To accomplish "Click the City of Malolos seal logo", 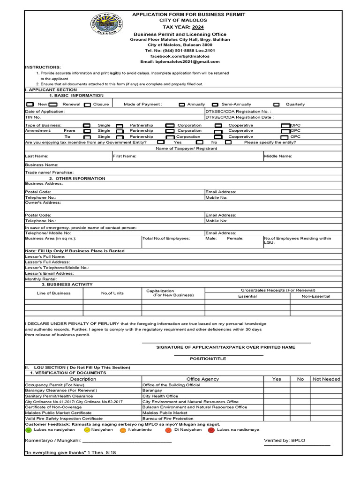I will tap(106, 28).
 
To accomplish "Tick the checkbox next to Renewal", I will tap(53, 105).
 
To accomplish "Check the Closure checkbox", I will tap(87, 105).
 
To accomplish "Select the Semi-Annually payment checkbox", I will tap(215, 105).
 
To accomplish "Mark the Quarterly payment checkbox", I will tap(277, 105).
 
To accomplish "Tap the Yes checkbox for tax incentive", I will tap(161, 142).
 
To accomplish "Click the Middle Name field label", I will tap(278, 156).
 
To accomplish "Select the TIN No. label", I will tap(32, 118).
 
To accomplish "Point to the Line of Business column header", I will tap(53, 293).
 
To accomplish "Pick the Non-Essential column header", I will tap(315, 296).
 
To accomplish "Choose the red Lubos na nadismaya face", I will tap(211, 430).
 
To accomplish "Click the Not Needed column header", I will tap(326, 379).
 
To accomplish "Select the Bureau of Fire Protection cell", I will tap(168, 418).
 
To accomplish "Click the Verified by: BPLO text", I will tap(285, 441).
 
